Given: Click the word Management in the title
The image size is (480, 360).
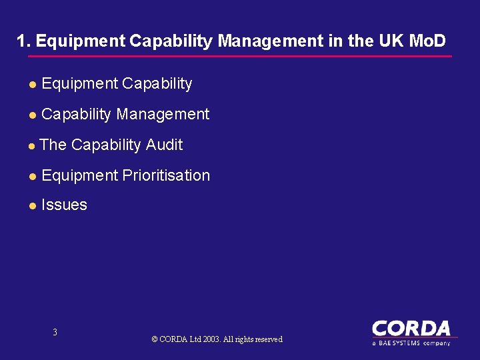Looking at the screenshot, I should pyautogui.click(x=269, y=41).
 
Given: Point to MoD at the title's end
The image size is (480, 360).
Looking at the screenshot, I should pyautogui.click(x=427, y=41).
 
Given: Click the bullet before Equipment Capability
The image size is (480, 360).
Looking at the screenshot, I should pyautogui.click(x=32, y=85).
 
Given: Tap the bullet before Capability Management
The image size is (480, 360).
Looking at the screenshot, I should pyautogui.click(x=32, y=115).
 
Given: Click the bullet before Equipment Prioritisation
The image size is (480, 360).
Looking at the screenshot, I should pyautogui.click(x=32, y=177).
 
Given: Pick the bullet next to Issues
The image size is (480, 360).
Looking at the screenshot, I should pyautogui.click(x=32, y=206).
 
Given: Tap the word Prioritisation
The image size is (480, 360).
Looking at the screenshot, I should pyautogui.click(x=166, y=175).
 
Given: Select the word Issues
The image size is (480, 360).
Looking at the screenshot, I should pyautogui.click(x=64, y=205).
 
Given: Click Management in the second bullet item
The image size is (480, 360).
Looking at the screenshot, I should pyautogui.click(x=163, y=114).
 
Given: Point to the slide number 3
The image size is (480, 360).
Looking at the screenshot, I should pyautogui.click(x=55, y=332).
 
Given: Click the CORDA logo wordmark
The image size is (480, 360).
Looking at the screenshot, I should pyautogui.click(x=411, y=329).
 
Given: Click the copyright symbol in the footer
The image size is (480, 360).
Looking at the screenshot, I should pyautogui.click(x=155, y=339).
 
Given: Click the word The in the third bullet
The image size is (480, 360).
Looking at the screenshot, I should pyautogui.click(x=53, y=145).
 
